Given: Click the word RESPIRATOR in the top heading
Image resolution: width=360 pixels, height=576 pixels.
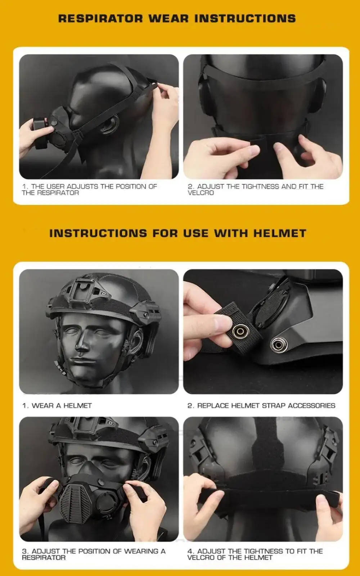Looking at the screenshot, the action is click(100, 18).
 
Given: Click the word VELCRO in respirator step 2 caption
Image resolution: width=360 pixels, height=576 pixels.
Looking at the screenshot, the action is click(201, 193).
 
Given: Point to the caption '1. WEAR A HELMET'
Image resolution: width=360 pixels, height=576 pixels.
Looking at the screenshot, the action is click(57, 405).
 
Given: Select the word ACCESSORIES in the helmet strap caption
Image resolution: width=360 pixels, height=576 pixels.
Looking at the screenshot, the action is click(311, 405).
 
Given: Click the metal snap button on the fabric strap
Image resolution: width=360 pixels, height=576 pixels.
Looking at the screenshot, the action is click(240, 332).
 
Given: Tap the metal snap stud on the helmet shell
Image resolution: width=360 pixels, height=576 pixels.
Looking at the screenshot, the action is click(278, 344).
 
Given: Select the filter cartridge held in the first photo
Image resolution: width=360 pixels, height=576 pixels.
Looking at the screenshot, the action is click(40, 133).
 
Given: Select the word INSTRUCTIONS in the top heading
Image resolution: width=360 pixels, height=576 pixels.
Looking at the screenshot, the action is click(245, 18).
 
